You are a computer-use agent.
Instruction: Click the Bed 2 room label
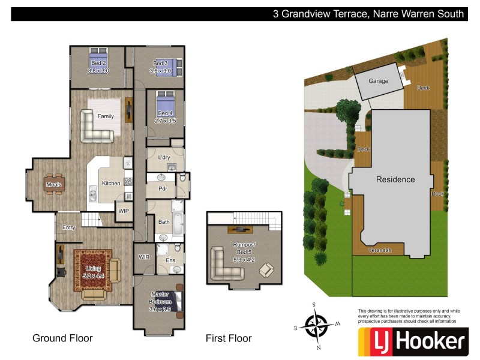pyautogui.click(x=98, y=63)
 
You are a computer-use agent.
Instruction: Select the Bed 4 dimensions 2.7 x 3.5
pyautogui.click(x=164, y=121)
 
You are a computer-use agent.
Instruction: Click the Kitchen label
pyautogui.click(x=111, y=183)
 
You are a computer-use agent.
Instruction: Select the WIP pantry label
pyautogui.click(x=124, y=211)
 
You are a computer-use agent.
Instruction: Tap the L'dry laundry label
pyautogui.click(x=164, y=157)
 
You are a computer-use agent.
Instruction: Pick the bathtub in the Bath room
pyautogui.click(x=179, y=222)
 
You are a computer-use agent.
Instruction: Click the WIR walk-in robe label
pyautogui.click(x=144, y=257)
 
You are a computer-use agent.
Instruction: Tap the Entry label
pyautogui.click(x=69, y=227)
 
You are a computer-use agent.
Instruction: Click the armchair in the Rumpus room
pyautogui.click(x=265, y=270)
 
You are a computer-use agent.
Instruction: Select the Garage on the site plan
pyautogui.click(x=378, y=81)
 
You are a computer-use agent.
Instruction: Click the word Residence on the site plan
pyautogui.click(x=395, y=179)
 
